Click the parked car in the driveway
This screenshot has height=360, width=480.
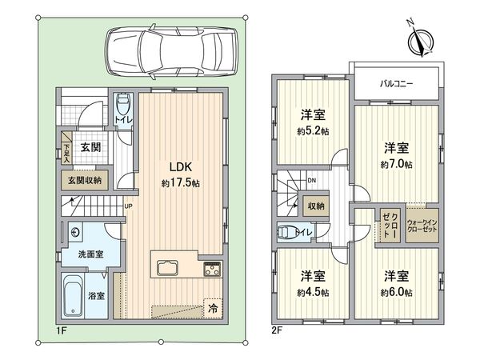pos(171,51)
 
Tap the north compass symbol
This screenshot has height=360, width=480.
pos(421,41)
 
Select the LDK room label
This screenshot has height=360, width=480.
pos(181,167)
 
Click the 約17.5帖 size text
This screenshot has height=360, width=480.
pos(181,183)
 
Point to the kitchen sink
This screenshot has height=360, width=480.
pos(167,268)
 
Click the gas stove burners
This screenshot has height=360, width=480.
pos(212,269)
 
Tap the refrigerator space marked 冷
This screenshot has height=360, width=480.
pos(213,309)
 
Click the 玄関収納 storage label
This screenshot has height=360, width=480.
pos(84,180)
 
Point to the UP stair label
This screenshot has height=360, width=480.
pos(128,206)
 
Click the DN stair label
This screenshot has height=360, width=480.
pos(312,180)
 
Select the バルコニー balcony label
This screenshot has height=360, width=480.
pos(397,83)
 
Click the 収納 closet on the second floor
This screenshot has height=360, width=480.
pos(316,206)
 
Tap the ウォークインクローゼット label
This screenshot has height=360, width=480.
pos(422,226)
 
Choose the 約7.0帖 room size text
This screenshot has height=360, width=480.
pos(397,165)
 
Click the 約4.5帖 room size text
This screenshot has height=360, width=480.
pos(313,293)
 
